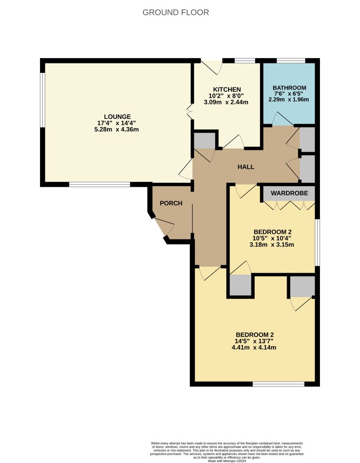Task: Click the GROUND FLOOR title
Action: (175, 13)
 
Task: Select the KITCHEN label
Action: (227, 89)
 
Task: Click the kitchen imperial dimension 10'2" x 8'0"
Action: (227, 95)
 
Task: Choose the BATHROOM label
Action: (289, 88)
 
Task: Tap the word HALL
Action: (246, 167)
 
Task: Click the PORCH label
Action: (171, 203)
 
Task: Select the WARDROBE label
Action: (289, 193)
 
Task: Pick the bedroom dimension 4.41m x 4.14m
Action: (255, 347)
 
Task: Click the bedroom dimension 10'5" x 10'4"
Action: (271, 238)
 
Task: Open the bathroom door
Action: (282, 119)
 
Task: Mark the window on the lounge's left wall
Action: (43, 100)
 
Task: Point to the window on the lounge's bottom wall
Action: (99, 184)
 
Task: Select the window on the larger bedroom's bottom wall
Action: (278, 384)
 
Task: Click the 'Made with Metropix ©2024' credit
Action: (226, 461)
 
